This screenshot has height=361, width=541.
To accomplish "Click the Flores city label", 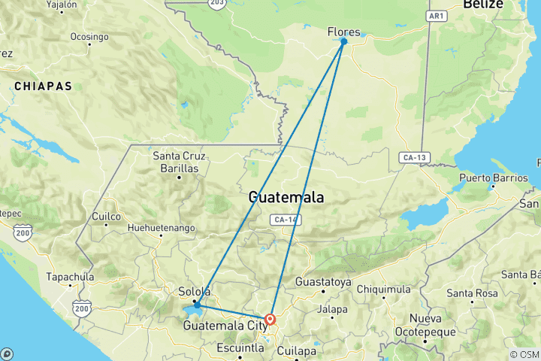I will [344, 32].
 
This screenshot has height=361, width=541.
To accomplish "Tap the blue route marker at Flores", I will [344, 41].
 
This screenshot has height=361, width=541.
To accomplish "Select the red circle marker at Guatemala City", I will [270, 319].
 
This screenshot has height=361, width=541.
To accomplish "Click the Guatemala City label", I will [225, 326].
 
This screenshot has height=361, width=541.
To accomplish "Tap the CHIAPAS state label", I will [43, 86].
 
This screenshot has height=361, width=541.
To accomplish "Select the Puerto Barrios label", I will [491, 179].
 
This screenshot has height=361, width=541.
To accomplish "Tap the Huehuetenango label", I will [162, 227].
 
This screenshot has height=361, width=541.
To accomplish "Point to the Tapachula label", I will [70, 277].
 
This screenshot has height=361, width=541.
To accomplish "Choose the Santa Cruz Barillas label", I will [180, 162].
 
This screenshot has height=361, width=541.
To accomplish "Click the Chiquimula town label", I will [384, 289].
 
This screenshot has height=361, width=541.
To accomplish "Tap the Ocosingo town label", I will [89, 35].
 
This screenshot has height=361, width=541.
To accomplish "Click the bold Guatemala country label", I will [286, 198].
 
